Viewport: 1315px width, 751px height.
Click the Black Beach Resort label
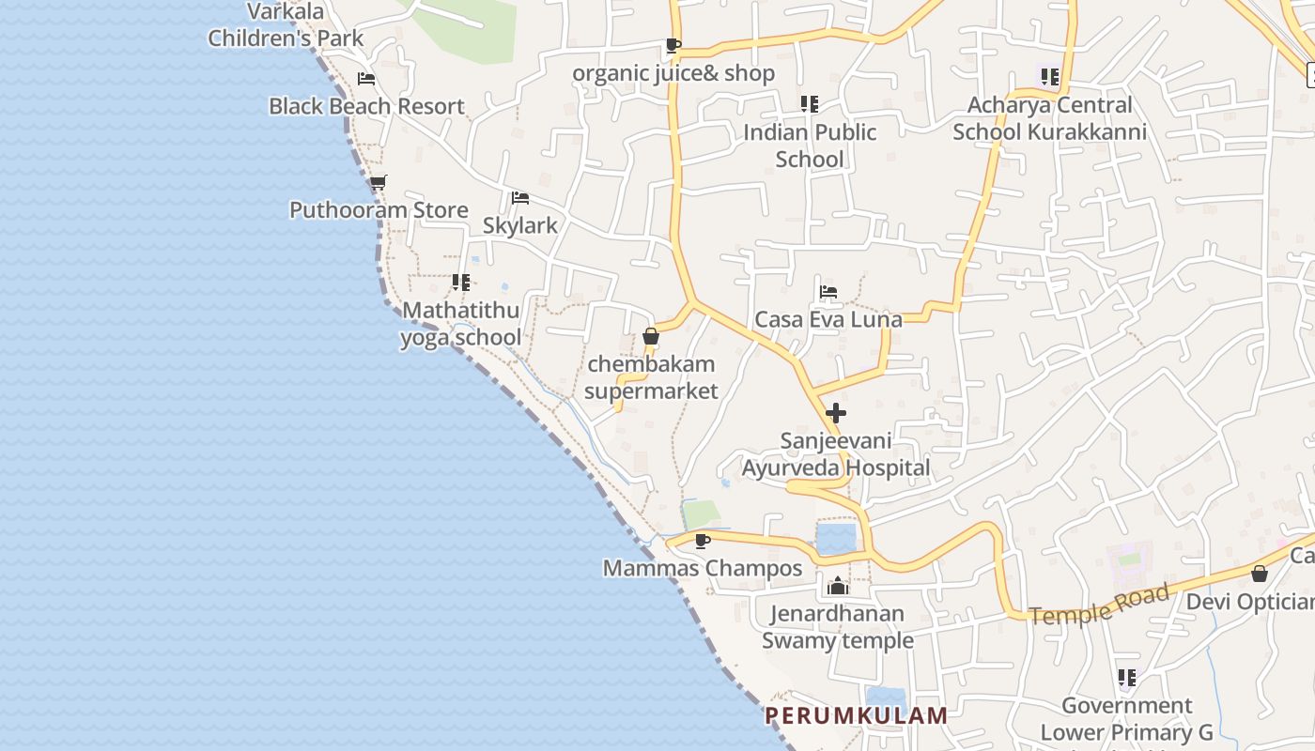[366, 106]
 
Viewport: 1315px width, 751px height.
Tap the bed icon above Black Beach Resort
[366, 79]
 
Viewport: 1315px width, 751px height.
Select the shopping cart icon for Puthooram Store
[378, 182]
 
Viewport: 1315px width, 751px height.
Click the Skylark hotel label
[519, 225]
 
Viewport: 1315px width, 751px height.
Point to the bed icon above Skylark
[519, 198]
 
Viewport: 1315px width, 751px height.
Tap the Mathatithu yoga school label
[460, 324]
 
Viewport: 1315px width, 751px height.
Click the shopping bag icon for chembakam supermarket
[651, 336]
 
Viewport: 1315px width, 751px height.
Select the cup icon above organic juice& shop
[673, 45]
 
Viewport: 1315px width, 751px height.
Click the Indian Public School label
[810, 146]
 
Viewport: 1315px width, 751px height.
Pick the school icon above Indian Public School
[809, 103]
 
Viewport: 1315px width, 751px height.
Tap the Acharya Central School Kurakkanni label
[1049, 118]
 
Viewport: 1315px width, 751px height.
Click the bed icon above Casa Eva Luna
[828, 292]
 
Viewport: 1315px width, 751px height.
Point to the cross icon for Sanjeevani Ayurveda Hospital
[835, 413]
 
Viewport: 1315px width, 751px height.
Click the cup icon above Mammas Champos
[702, 540]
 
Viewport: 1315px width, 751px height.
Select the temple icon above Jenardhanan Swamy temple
[837, 587]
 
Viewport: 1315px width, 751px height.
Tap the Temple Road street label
[1100, 604]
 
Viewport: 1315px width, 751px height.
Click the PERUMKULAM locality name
[856, 715]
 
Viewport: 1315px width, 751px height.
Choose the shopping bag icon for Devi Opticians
[1260, 573]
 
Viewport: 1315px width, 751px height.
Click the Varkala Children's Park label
[286, 25]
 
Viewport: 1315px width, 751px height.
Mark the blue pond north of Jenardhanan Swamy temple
[836, 539]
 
